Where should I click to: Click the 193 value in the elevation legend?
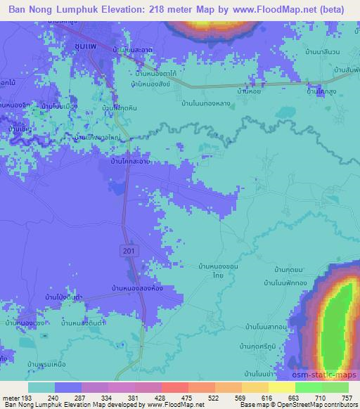coord(32,397)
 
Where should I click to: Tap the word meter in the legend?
coord(13,397)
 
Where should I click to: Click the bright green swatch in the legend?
coord(308,387)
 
